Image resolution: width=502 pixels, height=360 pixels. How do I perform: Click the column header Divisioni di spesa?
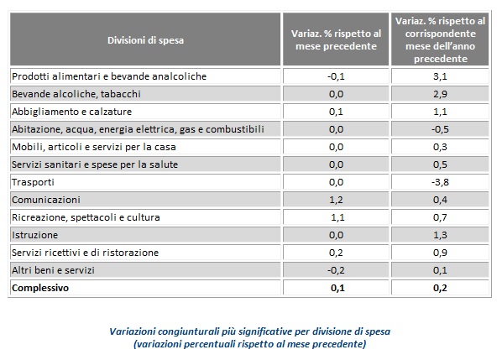[146, 40]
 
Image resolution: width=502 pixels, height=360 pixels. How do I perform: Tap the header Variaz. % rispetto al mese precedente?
[336, 40]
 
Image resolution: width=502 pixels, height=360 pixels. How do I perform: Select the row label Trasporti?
[33, 182]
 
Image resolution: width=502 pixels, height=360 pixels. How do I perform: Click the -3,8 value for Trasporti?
[440, 182]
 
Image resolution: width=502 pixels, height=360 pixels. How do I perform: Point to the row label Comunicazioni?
[46, 200]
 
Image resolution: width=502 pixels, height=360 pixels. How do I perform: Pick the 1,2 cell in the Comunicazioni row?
[336, 200]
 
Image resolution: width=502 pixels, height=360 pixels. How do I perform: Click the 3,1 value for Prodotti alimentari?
[440, 76]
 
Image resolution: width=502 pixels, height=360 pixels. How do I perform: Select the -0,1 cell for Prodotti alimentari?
[336, 76]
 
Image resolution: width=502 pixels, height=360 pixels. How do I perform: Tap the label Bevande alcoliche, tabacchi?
[76, 94]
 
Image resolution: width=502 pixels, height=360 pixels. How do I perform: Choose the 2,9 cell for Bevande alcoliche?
[440, 94]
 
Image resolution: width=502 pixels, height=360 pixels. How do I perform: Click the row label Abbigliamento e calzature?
[71, 112]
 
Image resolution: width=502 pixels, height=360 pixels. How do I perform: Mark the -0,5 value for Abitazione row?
[440, 129]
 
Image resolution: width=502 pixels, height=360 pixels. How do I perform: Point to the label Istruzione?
[34, 235]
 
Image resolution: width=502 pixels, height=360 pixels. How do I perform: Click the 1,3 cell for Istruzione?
[440, 235]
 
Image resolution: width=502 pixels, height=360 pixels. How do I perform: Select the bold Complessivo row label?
[40, 288]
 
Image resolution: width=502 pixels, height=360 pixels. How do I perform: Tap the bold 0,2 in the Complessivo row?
[440, 288]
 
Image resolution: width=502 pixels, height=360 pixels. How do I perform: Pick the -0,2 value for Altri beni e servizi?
[336, 270]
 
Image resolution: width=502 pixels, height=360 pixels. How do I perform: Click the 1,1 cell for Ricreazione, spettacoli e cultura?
[337, 217]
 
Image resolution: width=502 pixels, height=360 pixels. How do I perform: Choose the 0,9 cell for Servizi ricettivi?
[440, 253]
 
